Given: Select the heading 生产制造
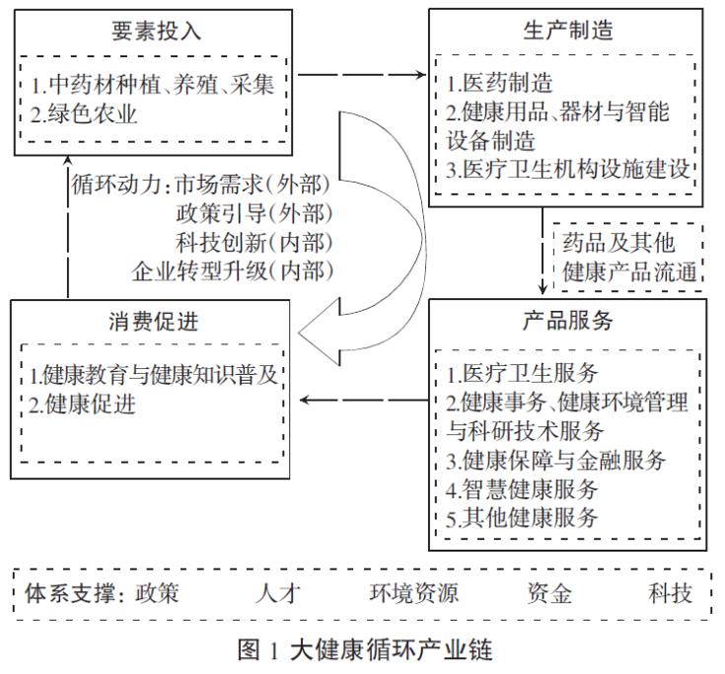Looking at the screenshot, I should point(567,30).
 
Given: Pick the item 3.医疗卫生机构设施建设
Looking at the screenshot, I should point(571,169).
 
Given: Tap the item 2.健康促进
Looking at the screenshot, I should point(84,403).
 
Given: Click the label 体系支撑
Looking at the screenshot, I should point(63,594).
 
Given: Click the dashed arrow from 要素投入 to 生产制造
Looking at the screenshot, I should point(364,74).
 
